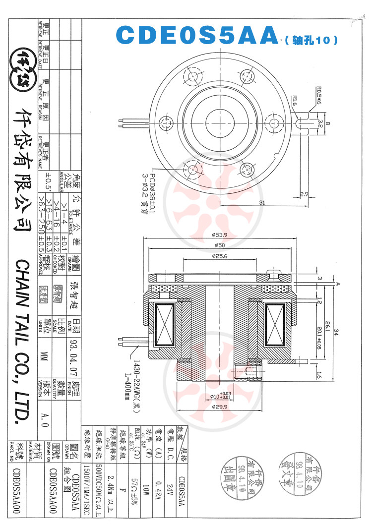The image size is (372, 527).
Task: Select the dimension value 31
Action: click(262, 202)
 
